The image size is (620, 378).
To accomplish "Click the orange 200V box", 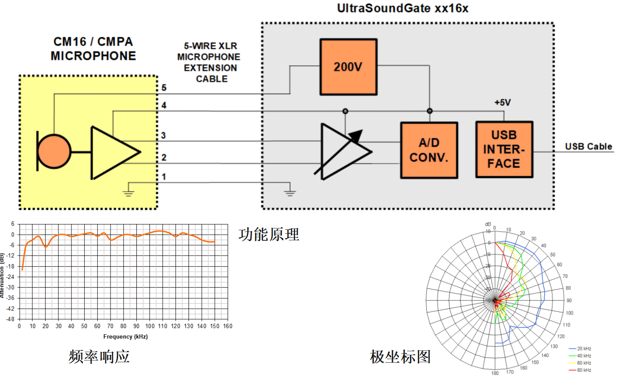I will click(348, 67).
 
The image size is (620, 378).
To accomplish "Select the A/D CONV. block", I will click(429, 150).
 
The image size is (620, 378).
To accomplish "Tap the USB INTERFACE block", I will click(504, 150).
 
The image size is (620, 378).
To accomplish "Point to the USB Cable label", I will click(588, 146).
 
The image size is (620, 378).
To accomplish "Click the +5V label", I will click(502, 103).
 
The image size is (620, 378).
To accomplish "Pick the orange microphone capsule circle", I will click(54, 152).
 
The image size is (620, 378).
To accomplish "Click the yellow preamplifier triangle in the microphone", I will click(112, 153).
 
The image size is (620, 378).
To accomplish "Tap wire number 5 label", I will click(164, 88).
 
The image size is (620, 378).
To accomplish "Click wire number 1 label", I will click(164, 177).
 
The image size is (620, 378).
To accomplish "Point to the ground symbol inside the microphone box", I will click(128, 191).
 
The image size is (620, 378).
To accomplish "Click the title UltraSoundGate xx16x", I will click(402, 8).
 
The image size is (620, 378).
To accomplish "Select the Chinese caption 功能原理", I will click(269, 235).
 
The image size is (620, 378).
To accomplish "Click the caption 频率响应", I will click(99, 356).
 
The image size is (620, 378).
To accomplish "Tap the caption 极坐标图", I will click(400, 357).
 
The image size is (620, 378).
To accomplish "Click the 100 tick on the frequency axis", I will click(150, 326).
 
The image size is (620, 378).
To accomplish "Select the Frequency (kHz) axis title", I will click(125, 337).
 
